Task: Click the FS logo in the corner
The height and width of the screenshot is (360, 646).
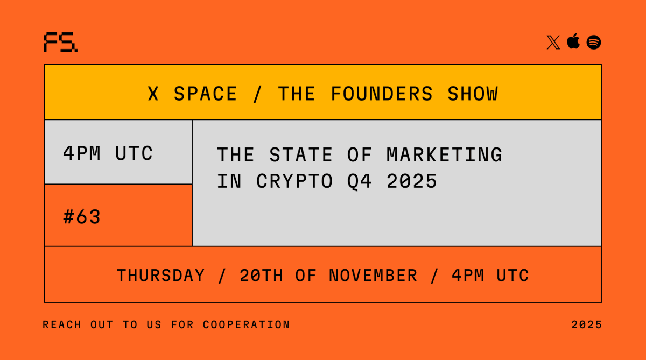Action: (60, 43)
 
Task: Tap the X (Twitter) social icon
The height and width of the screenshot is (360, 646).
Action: (553, 43)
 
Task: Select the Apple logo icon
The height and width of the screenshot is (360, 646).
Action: (573, 41)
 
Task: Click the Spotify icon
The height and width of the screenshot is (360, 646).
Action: (594, 43)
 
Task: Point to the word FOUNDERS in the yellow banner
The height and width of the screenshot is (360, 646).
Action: (382, 94)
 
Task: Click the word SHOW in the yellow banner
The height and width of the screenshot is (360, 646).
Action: (473, 94)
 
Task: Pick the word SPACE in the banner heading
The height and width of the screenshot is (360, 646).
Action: (205, 94)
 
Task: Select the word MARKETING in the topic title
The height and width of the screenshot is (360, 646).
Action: (444, 155)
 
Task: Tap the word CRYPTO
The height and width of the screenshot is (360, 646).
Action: (294, 181)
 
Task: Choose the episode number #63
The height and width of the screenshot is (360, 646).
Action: (82, 217)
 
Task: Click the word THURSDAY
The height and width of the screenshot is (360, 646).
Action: (161, 276)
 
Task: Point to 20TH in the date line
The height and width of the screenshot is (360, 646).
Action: (261, 276)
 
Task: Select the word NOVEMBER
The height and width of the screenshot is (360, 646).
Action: (373, 276)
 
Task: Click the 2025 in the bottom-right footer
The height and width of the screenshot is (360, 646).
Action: (587, 325)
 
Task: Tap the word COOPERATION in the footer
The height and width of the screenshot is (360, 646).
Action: (247, 325)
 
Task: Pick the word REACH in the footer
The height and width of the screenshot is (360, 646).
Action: (62, 325)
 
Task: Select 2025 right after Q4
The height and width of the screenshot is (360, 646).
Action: (412, 181)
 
